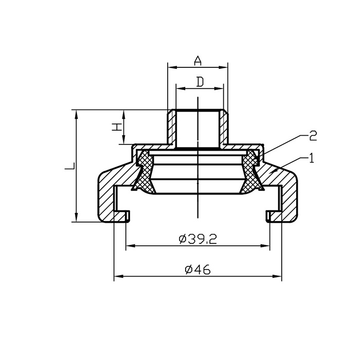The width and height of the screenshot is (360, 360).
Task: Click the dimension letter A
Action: tap(197, 61)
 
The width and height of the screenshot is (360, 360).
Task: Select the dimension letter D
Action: tap(200, 82)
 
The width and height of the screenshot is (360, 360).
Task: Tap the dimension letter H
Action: tap(117, 127)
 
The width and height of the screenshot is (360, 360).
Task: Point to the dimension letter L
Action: tap(70, 166)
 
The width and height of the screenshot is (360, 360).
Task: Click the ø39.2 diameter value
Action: tap(197, 240)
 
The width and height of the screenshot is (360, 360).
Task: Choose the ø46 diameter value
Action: tap(197, 269)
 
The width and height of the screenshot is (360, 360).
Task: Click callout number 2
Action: tap(313, 136)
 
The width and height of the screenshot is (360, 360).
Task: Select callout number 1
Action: tap(312, 158)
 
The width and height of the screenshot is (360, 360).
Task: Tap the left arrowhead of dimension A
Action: tap(172, 67)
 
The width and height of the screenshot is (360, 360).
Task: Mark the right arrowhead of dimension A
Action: tap(223, 67)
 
